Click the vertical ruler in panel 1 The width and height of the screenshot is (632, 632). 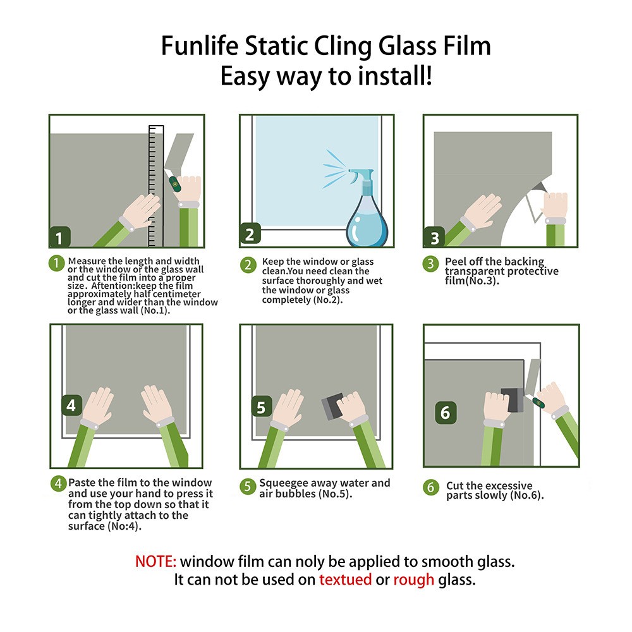155,186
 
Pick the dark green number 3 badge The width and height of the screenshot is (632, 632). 434,238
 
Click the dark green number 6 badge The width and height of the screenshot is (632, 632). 445,413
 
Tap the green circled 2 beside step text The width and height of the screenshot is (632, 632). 248,265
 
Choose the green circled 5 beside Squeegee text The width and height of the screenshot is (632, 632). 247,487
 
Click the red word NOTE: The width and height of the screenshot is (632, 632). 156,561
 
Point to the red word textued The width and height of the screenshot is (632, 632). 345,580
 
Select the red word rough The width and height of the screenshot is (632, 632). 413,580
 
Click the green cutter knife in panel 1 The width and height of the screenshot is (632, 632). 174,185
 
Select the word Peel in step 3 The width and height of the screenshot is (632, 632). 457,261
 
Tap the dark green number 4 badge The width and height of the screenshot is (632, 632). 71,406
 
